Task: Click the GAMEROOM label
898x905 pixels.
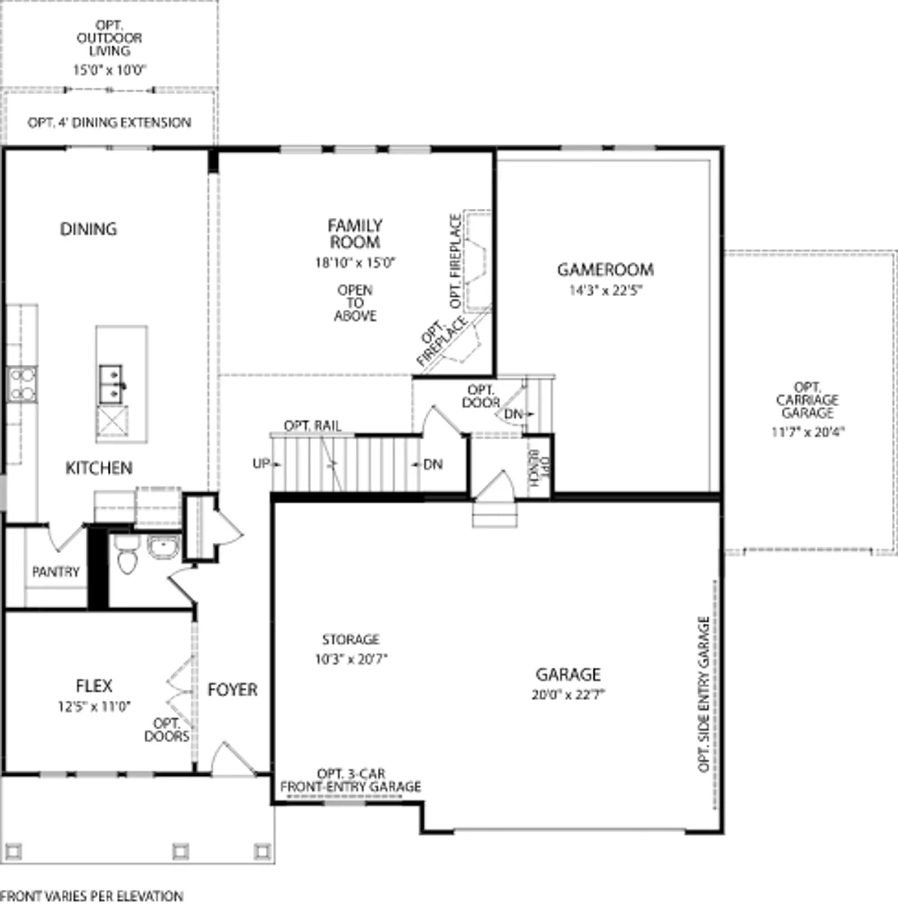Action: [605, 270]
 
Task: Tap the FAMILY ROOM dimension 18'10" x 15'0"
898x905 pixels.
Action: [355, 262]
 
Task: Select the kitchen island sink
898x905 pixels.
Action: [111, 384]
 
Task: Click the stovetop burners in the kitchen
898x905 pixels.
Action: [22, 384]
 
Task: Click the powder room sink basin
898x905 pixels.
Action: [163, 547]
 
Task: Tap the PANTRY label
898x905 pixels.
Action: [56, 572]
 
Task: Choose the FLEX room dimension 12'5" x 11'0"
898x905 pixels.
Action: [94, 706]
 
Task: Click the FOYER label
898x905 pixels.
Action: [232, 690]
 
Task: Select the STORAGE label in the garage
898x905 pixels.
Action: [351, 640]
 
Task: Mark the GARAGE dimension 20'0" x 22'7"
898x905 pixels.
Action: [568, 695]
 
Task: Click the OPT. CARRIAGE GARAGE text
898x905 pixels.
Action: [808, 400]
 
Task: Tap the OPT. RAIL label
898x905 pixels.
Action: [313, 426]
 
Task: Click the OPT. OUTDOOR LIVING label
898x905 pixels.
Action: [109, 38]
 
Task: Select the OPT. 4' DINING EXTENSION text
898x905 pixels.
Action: [109, 122]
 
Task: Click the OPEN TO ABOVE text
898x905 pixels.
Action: [355, 303]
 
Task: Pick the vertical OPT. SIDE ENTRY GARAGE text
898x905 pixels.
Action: [704, 694]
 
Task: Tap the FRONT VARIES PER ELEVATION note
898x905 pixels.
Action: [91, 896]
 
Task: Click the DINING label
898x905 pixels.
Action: [89, 229]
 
